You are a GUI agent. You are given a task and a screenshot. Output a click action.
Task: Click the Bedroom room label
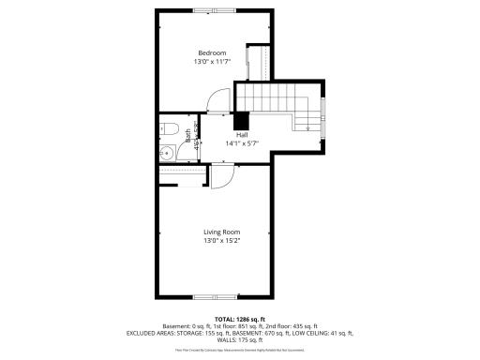tap(212, 52)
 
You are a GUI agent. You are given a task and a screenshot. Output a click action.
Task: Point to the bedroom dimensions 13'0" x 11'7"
tap(212, 61)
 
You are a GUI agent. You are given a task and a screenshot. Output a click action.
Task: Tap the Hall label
tap(241, 134)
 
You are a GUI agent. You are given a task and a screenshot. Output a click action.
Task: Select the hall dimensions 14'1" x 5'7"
tap(241, 143)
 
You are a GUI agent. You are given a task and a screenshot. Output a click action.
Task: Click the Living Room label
tap(222, 232)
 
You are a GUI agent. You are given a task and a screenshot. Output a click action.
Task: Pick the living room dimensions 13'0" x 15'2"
tap(222, 241)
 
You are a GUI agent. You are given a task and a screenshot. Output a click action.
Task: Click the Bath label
tap(187, 135)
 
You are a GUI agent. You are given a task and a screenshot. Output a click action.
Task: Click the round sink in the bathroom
tap(166, 152)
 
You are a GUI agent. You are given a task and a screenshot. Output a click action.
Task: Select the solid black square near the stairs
tap(241, 120)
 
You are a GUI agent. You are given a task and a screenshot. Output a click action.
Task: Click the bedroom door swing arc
tap(215, 98)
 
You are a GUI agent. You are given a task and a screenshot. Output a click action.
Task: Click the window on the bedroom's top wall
tap(215, 10)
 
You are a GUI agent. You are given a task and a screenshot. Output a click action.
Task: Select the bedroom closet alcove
tap(254, 64)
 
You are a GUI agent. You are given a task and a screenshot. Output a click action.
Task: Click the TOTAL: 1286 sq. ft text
tap(240, 318)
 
